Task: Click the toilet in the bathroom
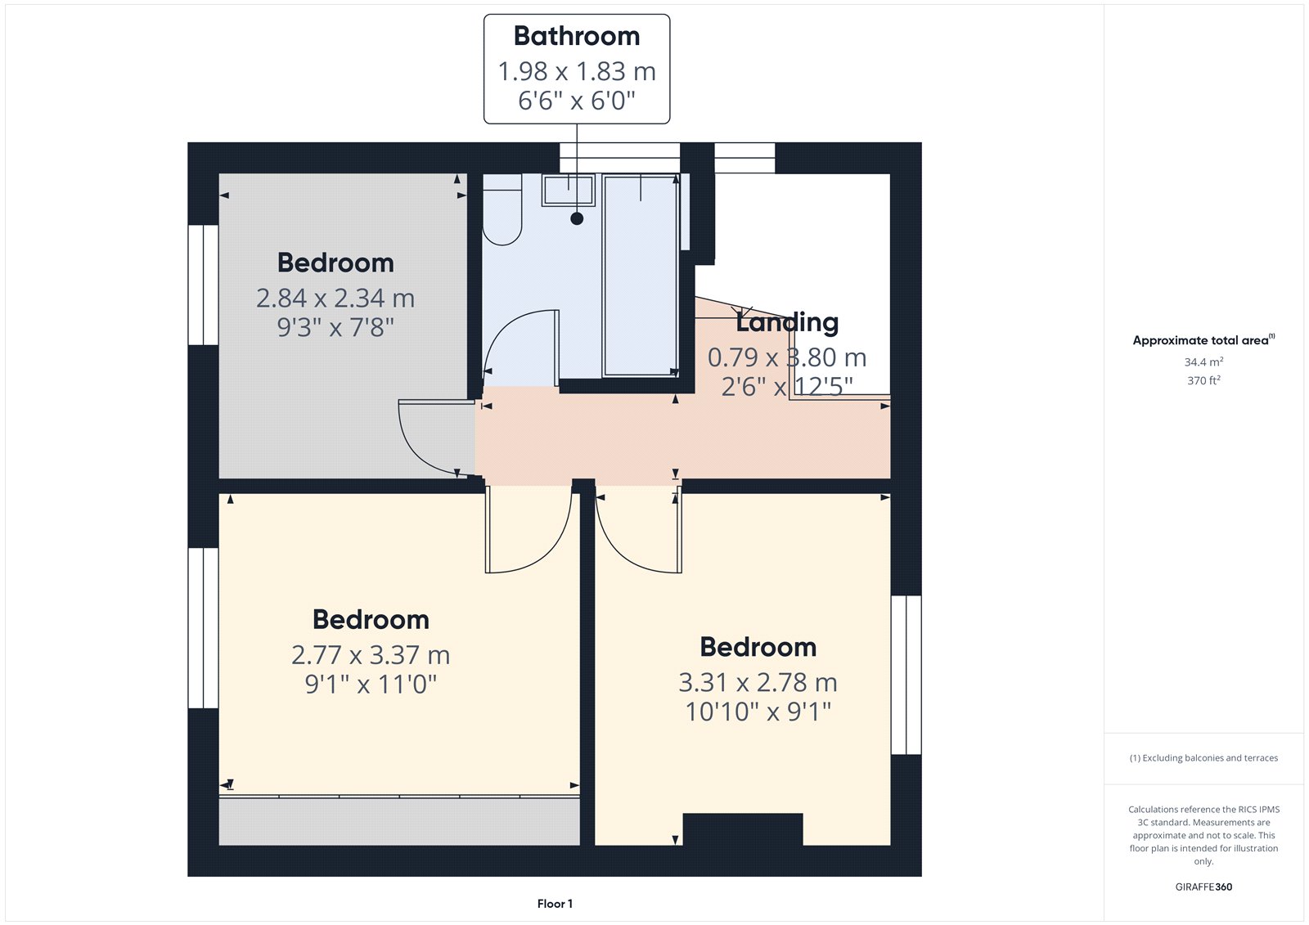click(502, 209)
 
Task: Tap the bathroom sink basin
click(568, 190)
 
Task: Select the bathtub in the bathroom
click(641, 276)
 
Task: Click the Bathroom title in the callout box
click(577, 36)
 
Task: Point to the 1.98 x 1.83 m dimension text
click(577, 71)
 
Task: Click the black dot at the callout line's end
click(577, 218)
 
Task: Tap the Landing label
click(787, 322)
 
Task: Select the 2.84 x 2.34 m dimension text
click(335, 298)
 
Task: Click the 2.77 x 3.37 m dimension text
click(371, 655)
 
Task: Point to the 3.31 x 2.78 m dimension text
click(758, 682)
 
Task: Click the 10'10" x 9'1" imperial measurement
click(758, 712)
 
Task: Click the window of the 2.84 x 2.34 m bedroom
click(203, 285)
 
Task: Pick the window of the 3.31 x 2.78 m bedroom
click(906, 675)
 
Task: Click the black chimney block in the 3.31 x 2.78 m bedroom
click(743, 829)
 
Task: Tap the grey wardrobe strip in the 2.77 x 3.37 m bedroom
click(399, 821)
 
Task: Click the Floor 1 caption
click(555, 904)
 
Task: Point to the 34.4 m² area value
click(1203, 361)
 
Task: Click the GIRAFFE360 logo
click(1203, 887)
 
